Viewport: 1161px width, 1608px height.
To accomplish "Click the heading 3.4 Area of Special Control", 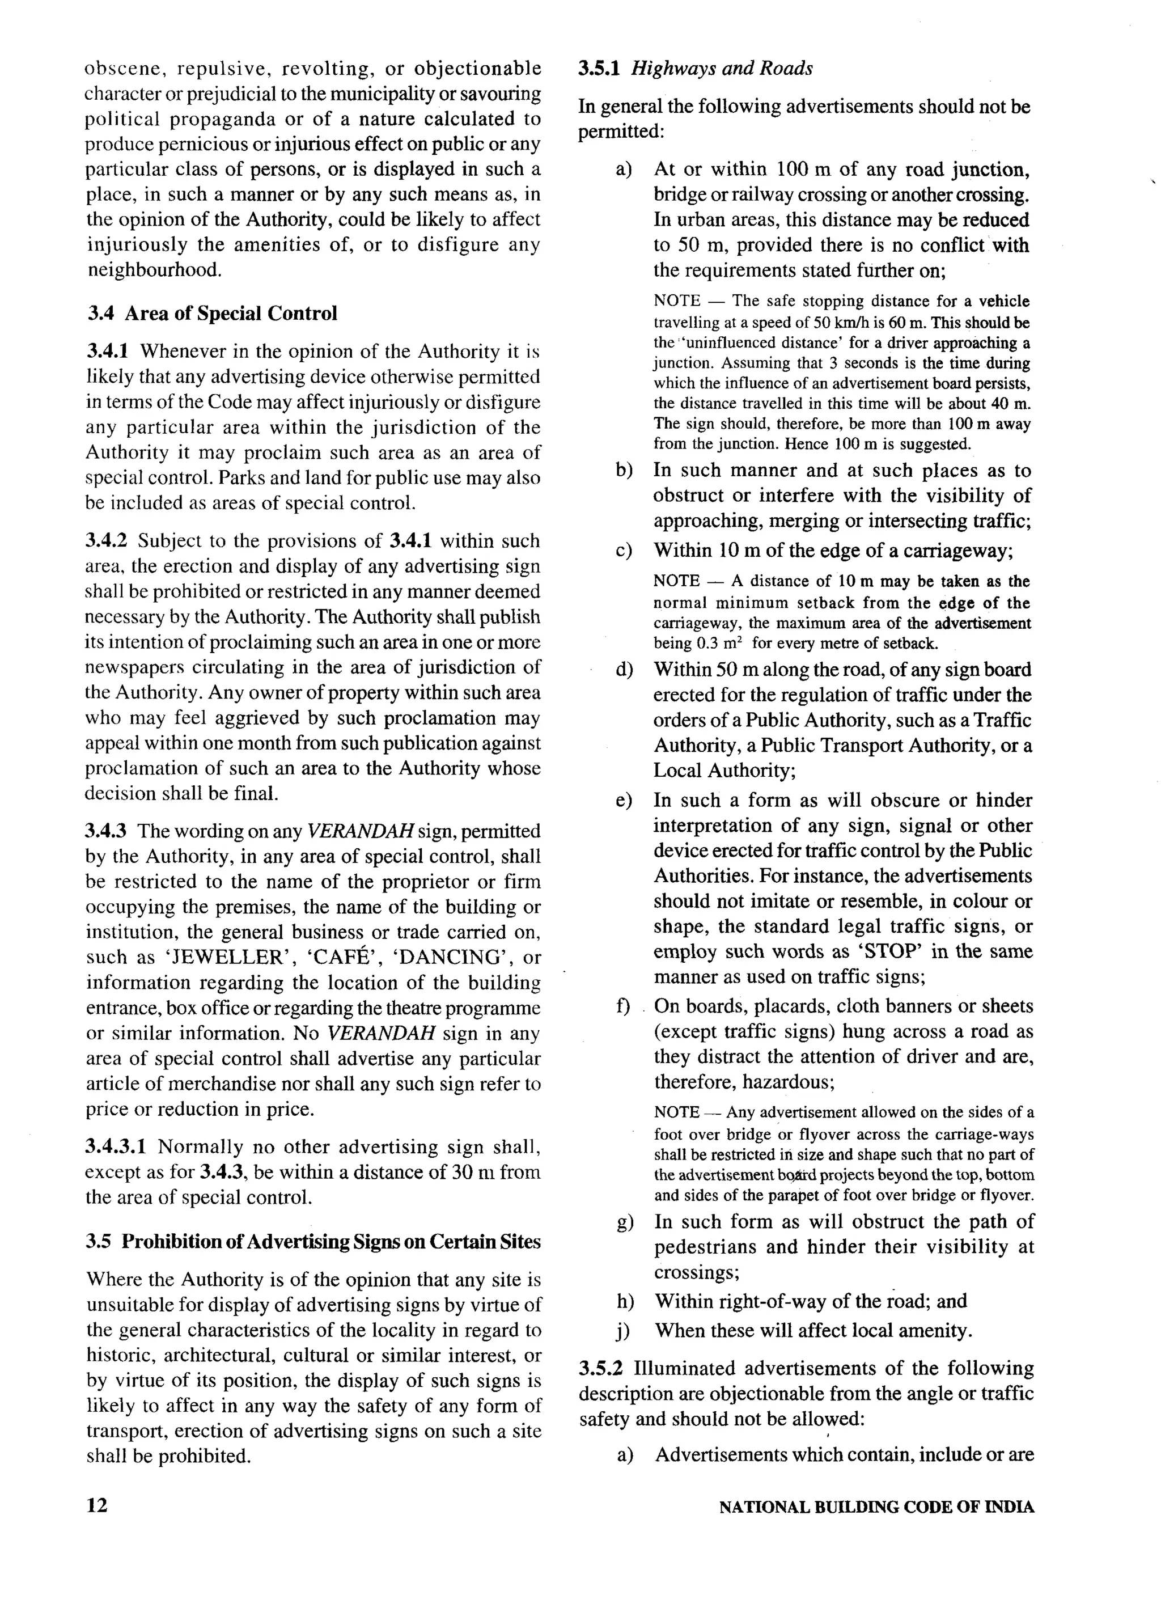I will [x=212, y=314].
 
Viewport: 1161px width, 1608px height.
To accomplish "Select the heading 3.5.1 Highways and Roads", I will [x=694, y=69].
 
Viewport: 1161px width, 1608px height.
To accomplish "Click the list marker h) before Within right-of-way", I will [x=625, y=1301].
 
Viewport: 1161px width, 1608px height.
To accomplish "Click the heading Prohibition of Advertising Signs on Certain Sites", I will [x=331, y=1242].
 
